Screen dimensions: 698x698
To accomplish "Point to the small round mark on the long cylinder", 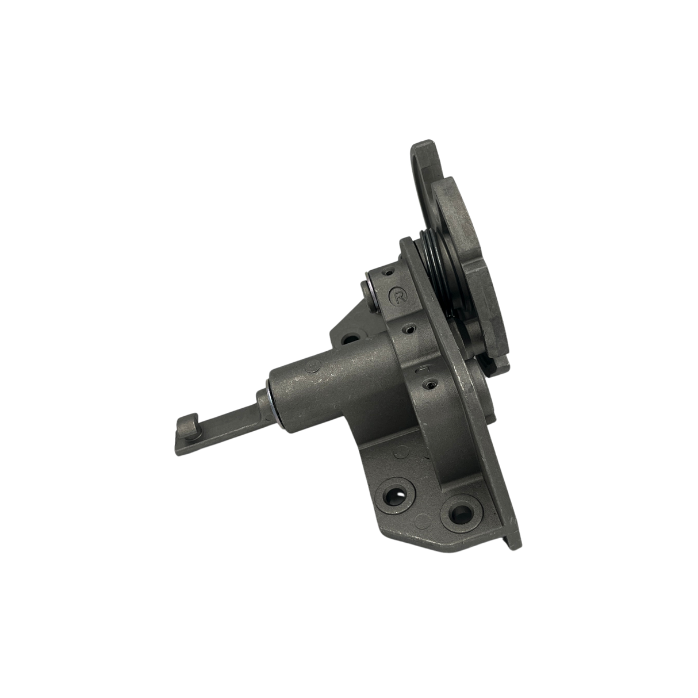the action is point(313,367).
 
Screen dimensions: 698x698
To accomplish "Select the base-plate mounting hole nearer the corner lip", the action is point(458,513).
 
